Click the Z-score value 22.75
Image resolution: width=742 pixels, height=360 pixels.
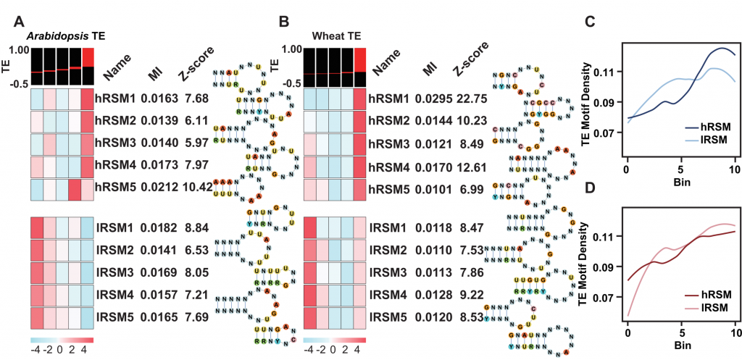[x=465, y=98]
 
